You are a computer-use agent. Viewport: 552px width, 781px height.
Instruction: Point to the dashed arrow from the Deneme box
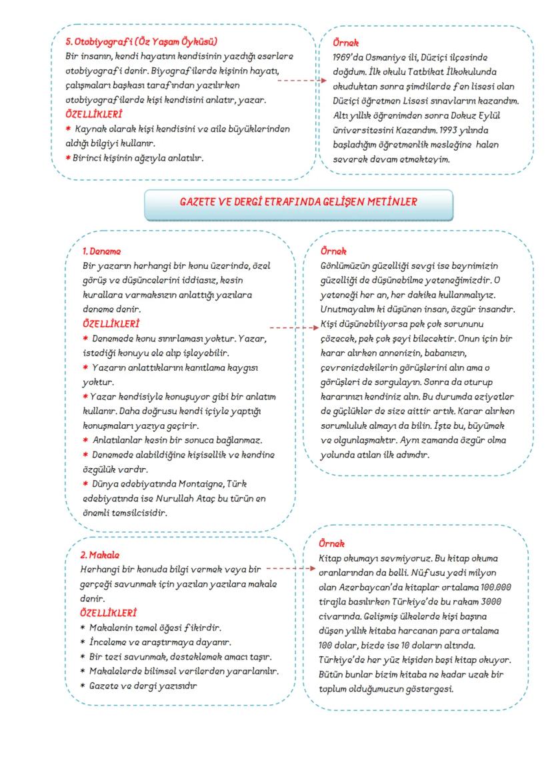(x=293, y=328)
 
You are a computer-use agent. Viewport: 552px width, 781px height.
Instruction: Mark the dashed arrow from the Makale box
(x=288, y=569)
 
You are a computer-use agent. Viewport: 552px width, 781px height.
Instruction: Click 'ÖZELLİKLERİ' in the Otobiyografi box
(x=84, y=114)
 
